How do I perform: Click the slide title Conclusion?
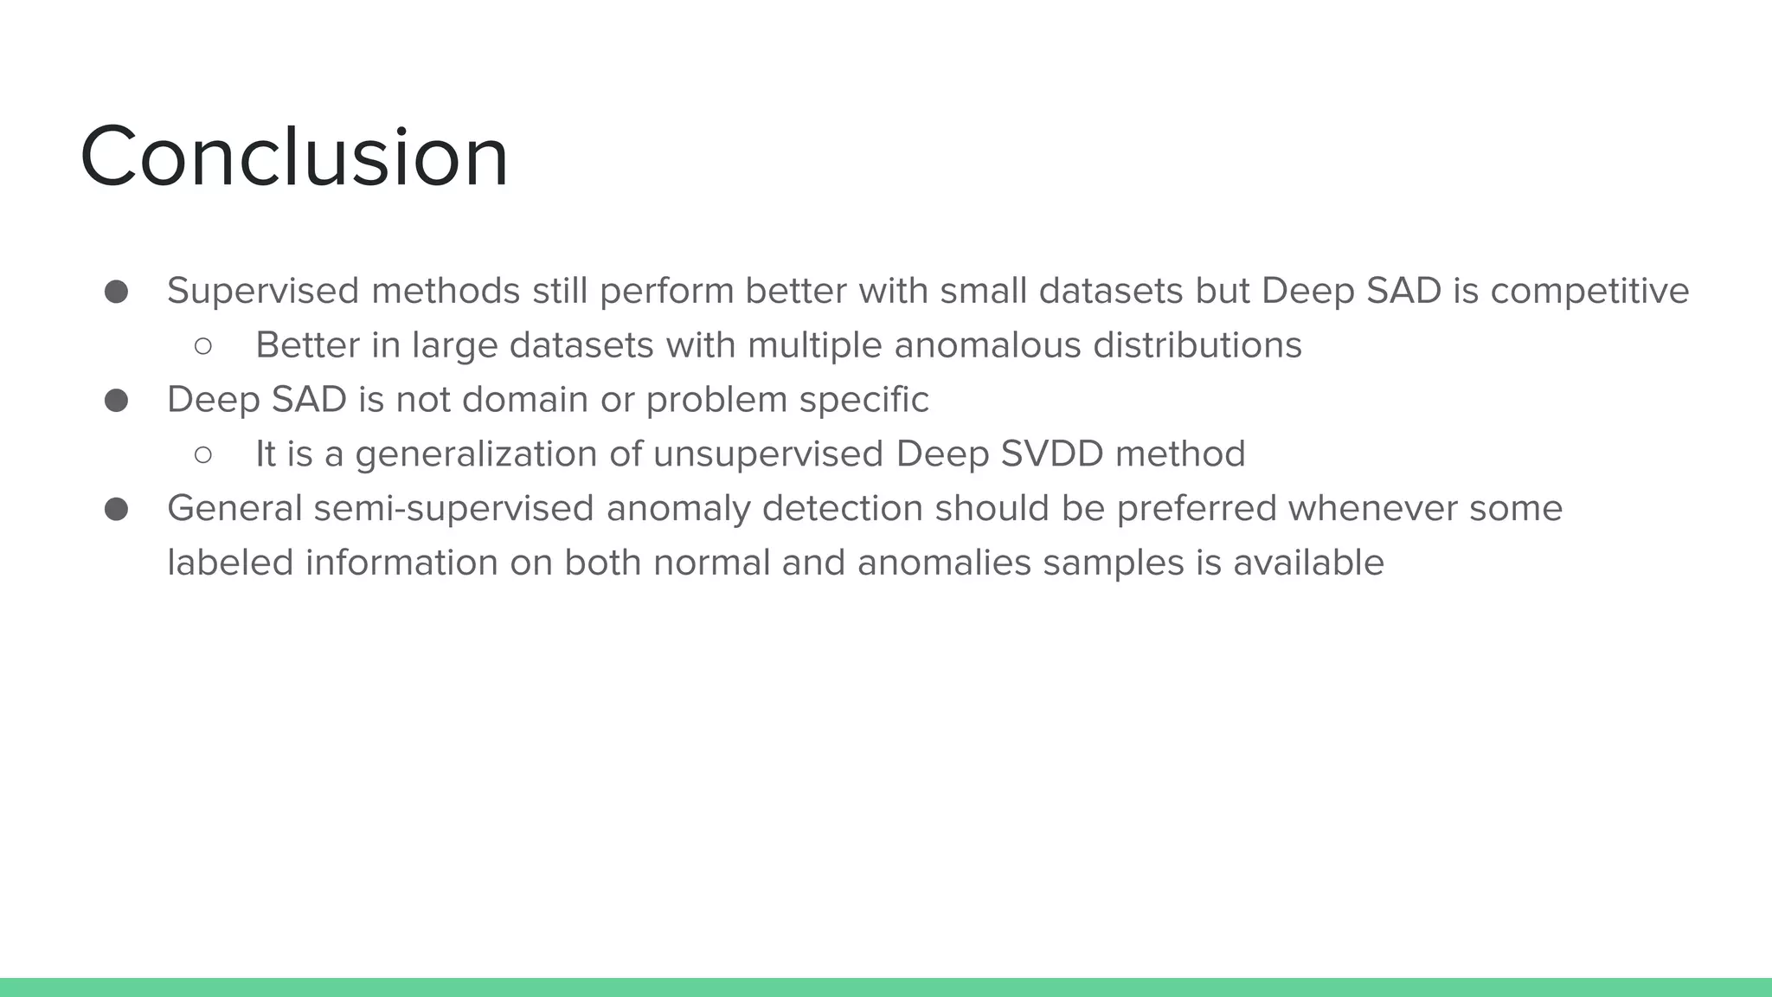294,157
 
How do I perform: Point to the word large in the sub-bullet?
453,345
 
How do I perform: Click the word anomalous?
987,345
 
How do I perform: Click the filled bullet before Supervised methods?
116,292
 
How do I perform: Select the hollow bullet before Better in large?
203,346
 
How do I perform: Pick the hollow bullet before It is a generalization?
203,455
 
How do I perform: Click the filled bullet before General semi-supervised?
116,509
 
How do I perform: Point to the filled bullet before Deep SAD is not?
116,401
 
